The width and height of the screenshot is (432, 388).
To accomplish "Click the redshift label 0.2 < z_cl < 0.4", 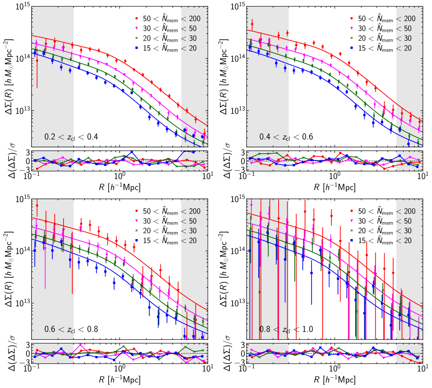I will [x=71, y=137].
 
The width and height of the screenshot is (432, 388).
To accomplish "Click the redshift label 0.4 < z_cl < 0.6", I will [x=286, y=137].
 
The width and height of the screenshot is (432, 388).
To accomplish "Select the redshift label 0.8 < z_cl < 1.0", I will [x=286, y=329].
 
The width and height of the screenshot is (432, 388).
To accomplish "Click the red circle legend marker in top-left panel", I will [x=137, y=19].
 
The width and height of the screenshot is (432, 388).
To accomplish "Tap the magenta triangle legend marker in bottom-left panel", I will [x=137, y=221].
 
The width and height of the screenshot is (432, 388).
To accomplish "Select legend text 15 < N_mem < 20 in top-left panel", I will [x=172, y=48].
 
